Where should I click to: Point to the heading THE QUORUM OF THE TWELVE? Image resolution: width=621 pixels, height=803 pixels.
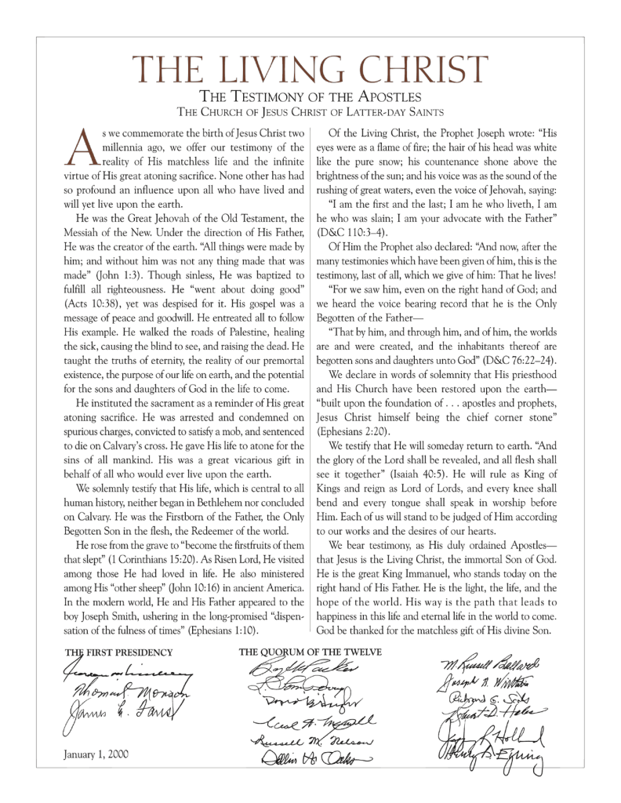(x=310, y=651)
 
